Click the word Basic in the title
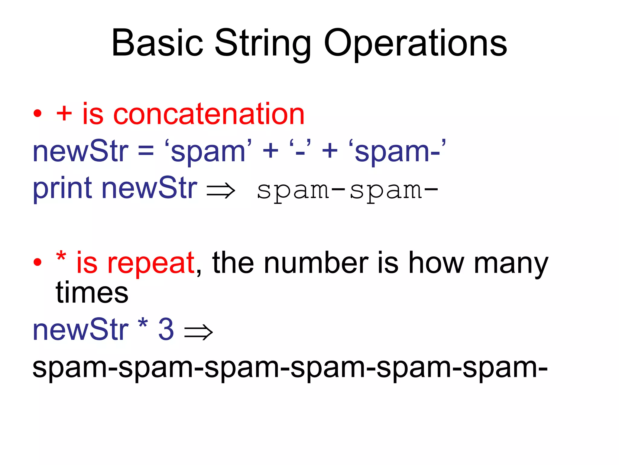point(157,43)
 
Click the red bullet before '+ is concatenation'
point(37,114)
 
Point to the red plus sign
point(64,114)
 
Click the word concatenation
point(209,114)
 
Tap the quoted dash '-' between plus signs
point(300,150)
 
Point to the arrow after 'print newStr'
point(221,191)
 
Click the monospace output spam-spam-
point(347,191)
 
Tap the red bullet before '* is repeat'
point(37,262)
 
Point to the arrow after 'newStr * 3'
point(198,332)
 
